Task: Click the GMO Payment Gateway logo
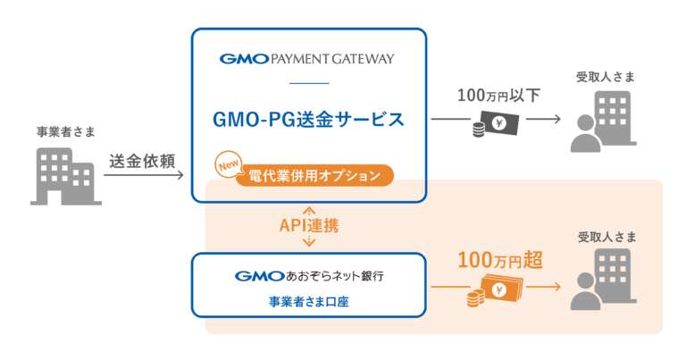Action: click(x=306, y=60)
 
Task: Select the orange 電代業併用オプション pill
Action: click(x=314, y=176)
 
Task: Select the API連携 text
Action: click(x=309, y=227)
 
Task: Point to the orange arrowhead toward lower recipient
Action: click(x=556, y=289)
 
